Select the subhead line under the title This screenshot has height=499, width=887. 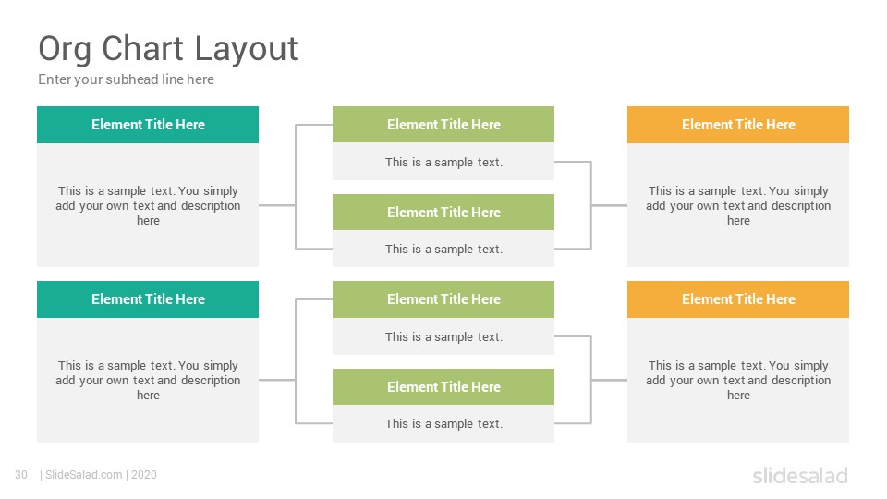pyautogui.click(x=127, y=79)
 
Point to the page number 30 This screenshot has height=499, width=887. pyautogui.click(x=21, y=475)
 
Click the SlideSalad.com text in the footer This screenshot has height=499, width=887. pyautogui.click(x=84, y=475)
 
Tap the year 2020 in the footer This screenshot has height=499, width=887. pyautogui.click(x=144, y=475)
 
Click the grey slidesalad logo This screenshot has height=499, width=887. pyautogui.click(x=800, y=475)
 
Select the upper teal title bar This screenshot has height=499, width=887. pyautogui.click(x=148, y=125)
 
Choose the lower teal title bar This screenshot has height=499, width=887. pyautogui.click(x=148, y=299)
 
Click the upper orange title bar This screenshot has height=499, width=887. pyautogui.click(x=738, y=125)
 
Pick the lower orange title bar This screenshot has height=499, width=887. pyautogui.click(x=738, y=299)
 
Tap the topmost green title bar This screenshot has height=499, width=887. pyautogui.click(x=443, y=125)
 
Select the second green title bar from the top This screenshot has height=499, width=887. pyautogui.click(x=443, y=213)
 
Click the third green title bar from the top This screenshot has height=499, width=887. pyautogui.click(x=443, y=299)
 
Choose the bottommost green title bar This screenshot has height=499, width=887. pyautogui.click(x=443, y=387)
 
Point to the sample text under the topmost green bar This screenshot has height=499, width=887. pyautogui.click(x=444, y=163)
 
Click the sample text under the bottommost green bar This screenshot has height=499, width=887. pyautogui.click(x=444, y=424)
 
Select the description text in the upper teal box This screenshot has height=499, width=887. pyautogui.click(x=148, y=205)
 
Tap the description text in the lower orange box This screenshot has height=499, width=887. pyautogui.click(x=738, y=380)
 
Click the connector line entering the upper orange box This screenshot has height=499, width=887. pyautogui.click(x=609, y=205)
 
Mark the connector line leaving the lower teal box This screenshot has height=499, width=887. pyautogui.click(x=277, y=380)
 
